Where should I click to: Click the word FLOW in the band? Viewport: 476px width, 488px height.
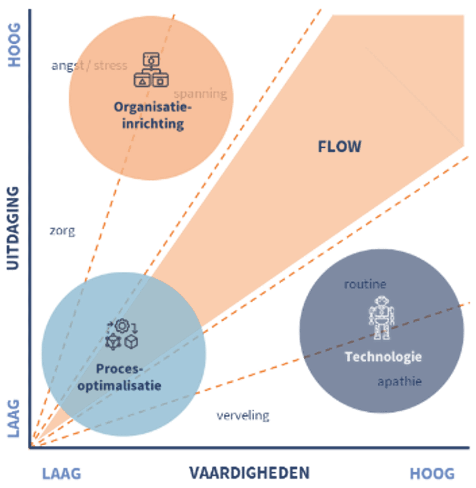pyautogui.click(x=339, y=146)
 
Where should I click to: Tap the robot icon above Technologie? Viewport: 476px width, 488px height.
pyautogui.click(x=382, y=317)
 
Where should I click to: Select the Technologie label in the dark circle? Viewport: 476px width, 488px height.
pyautogui.click(x=383, y=356)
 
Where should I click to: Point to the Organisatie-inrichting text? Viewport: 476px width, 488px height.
pyautogui.click(x=153, y=115)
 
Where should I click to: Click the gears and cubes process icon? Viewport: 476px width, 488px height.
pyautogui.click(x=122, y=335)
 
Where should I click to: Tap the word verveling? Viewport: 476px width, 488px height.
pyautogui.click(x=243, y=416)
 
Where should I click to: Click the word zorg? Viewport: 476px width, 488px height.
pyautogui.click(x=62, y=232)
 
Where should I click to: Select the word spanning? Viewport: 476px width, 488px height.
pyautogui.click(x=200, y=93)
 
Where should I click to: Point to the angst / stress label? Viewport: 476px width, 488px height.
pyautogui.click(x=89, y=65)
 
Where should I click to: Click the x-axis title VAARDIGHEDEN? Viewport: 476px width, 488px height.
pyautogui.click(x=249, y=473)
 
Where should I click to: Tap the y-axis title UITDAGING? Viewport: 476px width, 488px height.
pyautogui.click(x=14, y=228)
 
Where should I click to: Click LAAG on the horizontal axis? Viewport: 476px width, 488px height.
pyautogui.click(x=61, y=474)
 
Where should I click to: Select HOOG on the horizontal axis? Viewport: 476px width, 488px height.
pyautogui.click(x=432, y=474)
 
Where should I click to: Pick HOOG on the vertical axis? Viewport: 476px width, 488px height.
pyautogui.click(x=14, y=44)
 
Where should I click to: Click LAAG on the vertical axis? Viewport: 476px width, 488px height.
pyautogui.click(x=14, y=418)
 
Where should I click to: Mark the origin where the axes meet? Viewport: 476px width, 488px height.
pyautogui.click(x=30, y=447)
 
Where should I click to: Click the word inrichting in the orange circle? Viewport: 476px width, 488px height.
pyautogui.click(x=153, y=124)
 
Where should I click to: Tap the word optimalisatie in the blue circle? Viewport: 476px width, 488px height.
pyautogui.click(x=119, y=385)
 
